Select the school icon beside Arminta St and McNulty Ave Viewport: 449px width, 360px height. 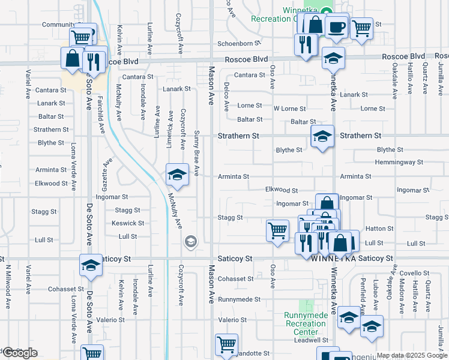pos(177,175)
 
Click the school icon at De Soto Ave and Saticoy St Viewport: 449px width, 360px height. pos(91,264)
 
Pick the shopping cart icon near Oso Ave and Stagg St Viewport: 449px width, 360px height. pos(277,230)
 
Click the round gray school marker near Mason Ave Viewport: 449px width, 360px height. pos(190,241)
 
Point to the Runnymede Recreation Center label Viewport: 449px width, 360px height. pos(306,323)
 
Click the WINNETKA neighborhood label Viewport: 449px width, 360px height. pos(333,259)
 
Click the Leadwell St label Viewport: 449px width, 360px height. pos(306,340)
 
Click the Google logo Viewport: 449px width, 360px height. pos(19,353)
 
